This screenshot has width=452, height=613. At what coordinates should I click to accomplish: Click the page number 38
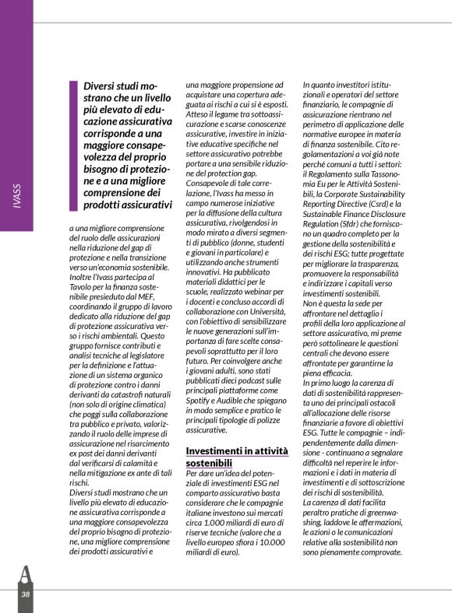[26, 594]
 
